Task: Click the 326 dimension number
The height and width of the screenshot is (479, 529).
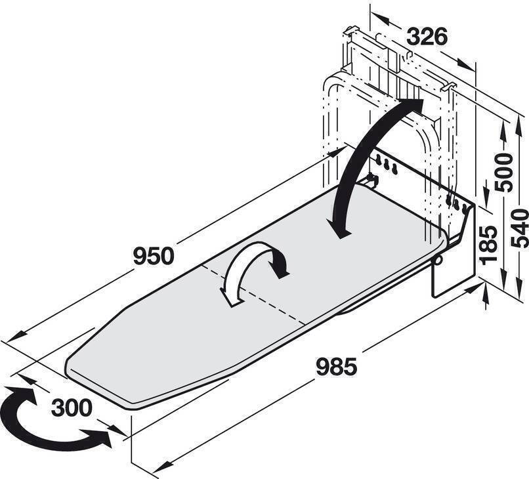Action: tap(427, 37)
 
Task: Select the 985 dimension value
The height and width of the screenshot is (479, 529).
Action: tap(336, 367)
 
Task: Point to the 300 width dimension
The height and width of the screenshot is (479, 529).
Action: tap(72, 407)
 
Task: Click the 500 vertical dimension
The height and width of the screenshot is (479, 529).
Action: tap(503, 172)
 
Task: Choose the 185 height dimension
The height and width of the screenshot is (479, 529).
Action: tap(489, 243)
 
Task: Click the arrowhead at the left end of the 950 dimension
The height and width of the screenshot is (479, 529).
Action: tap(16, 337)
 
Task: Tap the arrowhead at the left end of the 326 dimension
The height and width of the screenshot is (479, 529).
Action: tap(380, 18)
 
